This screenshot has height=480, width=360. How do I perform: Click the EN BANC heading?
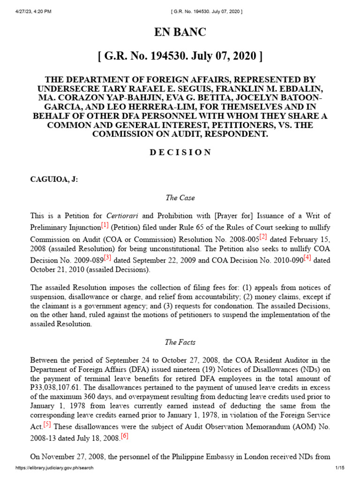(x=180, y=32)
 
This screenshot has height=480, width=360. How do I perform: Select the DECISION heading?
(x=180, y=152)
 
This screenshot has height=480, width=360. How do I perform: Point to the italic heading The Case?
(x=180, y=198)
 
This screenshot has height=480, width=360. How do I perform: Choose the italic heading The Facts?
(x=180, y=342)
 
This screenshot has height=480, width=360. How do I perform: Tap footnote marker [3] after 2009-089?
(x=107, y=256)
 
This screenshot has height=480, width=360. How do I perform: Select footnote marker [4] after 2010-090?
(x=307, y=256)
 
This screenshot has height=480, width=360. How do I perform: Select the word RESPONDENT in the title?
(x=234, y=134)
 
